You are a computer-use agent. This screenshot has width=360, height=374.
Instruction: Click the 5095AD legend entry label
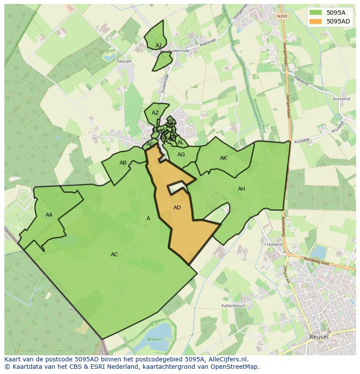pyautogui.click(x=338, y=21)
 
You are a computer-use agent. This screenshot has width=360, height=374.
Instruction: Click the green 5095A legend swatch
pyautogui.click(x=316, y=13)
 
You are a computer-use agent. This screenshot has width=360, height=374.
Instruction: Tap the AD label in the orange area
pyautogui.click(x=177, y=208)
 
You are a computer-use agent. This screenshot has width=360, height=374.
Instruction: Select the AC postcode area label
pyautogui.click(x=114, y=255)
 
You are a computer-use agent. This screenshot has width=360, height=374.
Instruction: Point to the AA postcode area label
pyautogui.click(x=49, y=215)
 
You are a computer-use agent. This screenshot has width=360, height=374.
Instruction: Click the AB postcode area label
pyautogui.click(x=123, y=163)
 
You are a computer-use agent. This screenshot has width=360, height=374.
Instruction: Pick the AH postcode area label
pyautogui.click(x=241, y=189)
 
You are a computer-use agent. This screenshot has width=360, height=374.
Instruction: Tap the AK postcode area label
pyautogui.click(x=223, y=158)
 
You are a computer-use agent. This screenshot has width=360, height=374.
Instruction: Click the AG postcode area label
pyautogui.click(x=181, y=155)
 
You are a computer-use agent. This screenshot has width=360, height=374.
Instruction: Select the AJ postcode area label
pyautogui.click(x=158, y=45)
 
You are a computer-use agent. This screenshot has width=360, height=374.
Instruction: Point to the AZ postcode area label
pyautogui.click(x=155, y=113)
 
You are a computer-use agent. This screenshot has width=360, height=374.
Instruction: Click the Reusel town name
pyautogui.click(x=319, y=337)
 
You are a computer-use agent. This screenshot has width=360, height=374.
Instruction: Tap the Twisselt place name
pyautogui.click(x=124, y=61)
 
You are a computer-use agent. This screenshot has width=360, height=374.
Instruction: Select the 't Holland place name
pyautogui.click(x=273, y=245)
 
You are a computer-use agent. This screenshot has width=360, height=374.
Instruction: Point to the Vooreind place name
pyautogui.click(x=341, y=99)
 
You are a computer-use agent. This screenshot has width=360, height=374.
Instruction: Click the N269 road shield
pyautogui.click(x=282, y=16)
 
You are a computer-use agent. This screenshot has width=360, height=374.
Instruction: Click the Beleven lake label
pyautogui.click(x=154, y=339)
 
